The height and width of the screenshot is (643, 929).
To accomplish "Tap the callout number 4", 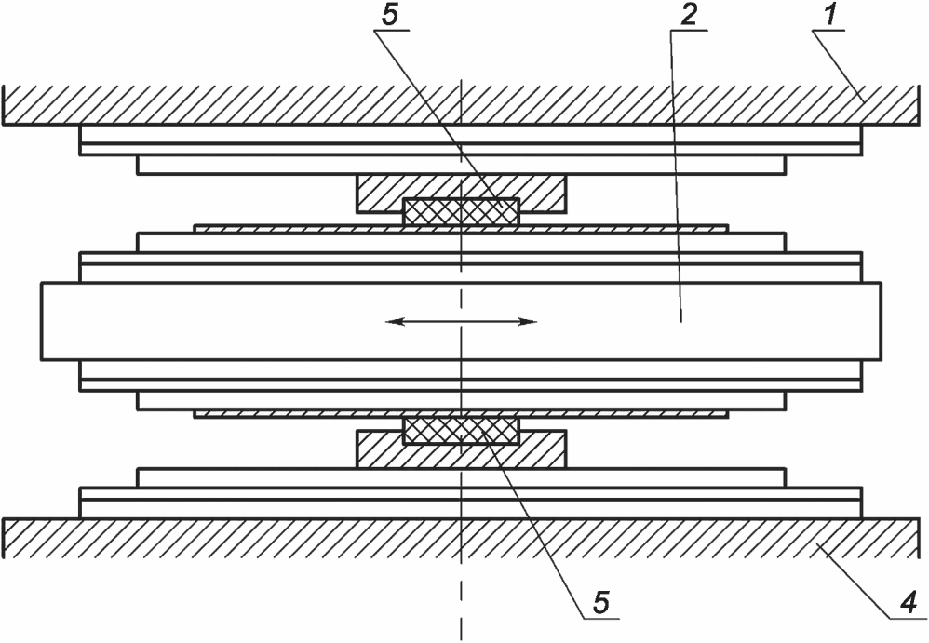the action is (909, 601).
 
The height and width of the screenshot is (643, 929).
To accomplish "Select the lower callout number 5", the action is (600, 601).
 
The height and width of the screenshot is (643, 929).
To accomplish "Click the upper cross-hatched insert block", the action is (461, 211).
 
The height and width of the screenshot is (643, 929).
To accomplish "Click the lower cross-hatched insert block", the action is (461, 431).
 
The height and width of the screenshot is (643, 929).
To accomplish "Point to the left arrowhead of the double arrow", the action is (394, 322).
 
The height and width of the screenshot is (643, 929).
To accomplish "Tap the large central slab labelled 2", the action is (461, 321).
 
